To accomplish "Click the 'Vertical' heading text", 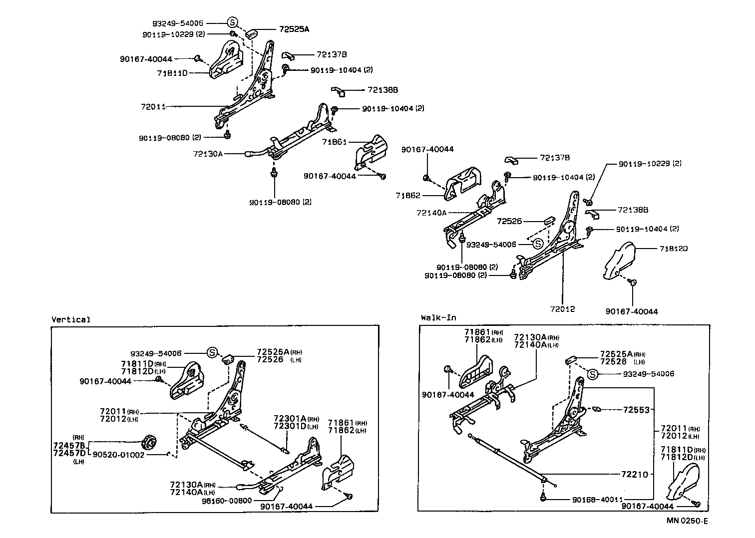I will click(71, 319).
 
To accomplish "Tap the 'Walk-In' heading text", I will click(438, 317).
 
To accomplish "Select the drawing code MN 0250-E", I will click(687, 521).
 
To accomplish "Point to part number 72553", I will click(636, 410).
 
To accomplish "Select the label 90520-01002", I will click(118, 455).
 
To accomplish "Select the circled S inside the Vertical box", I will click(212, 352).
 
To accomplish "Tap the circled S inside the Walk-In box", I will click(592, 374).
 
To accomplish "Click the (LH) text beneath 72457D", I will click(78, 462).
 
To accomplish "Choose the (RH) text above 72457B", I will click(78, 437).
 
